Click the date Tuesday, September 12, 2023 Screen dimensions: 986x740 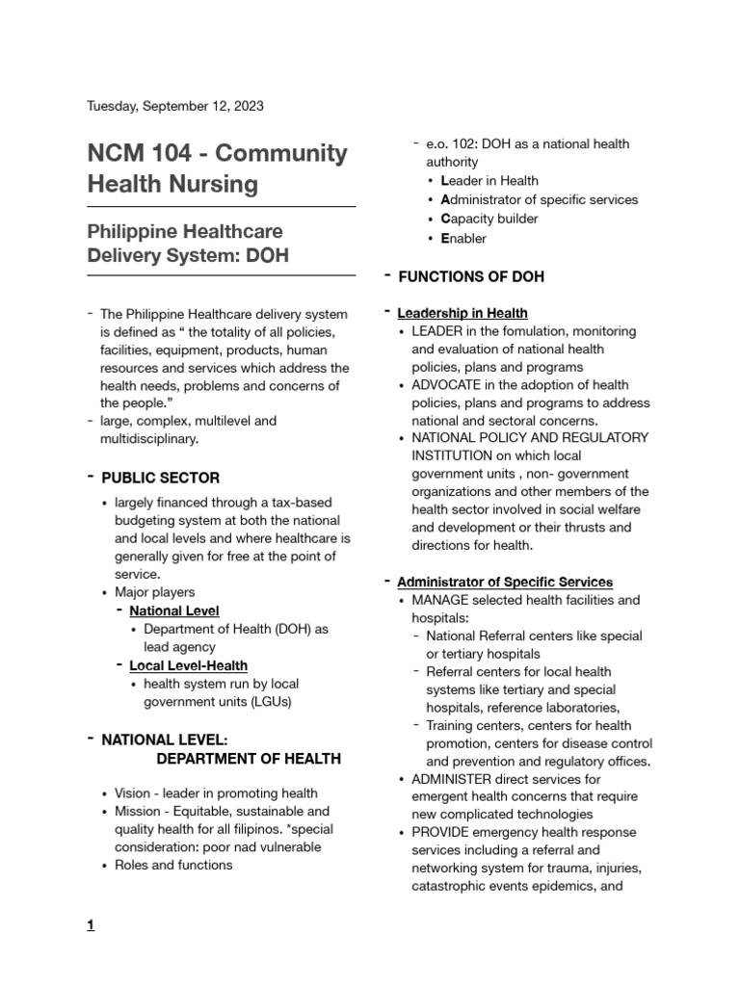(175, 106)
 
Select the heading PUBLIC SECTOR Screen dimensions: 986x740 (160, 478)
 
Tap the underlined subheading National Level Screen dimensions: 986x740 (174, 610)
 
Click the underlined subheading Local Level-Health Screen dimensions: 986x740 (188, 665)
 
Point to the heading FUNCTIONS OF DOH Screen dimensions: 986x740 (470, 276)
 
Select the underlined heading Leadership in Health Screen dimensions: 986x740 (462, 313)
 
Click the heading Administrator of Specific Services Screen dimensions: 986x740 (504, 582)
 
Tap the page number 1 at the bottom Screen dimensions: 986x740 (91, 926)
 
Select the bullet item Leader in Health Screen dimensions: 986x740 (489, 180)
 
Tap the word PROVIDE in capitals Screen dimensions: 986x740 (440, 832)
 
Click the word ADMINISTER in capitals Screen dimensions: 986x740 (453, 778)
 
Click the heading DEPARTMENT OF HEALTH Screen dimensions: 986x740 (248, 758)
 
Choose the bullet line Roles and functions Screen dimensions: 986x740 (173, 865)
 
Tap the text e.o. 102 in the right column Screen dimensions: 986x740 (451, 143)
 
